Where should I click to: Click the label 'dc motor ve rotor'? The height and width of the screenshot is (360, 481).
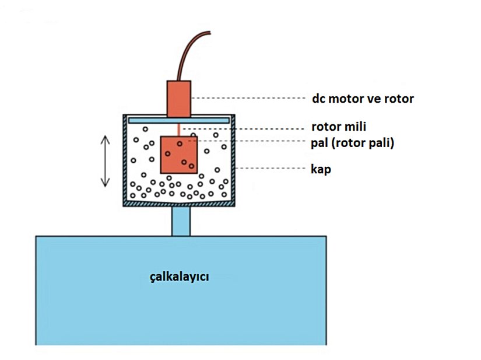[363, 99]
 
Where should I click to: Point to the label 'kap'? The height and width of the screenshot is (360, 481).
[321, 170]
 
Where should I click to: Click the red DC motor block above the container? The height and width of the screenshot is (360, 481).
[180, 99]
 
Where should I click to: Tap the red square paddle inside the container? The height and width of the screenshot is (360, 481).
[179, 155]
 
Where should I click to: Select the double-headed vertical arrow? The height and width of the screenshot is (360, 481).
[105, 160]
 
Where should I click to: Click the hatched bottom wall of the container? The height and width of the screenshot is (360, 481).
[179, 204]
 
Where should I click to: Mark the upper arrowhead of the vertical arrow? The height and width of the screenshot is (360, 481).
[105, 139]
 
